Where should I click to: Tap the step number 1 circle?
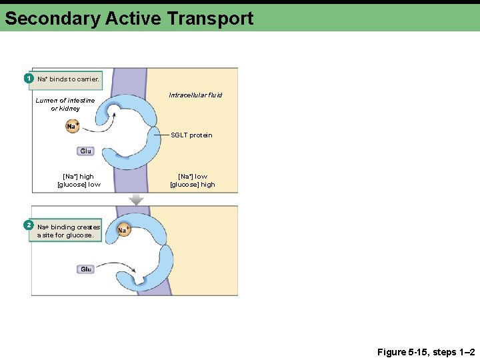point(29,79)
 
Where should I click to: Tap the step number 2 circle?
point(29,225)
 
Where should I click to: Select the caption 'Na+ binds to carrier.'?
point(68,79)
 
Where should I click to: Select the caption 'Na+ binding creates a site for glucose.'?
point(69,231)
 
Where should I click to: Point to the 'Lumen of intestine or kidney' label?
point(65,104)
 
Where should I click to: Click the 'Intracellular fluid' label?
point(195,95)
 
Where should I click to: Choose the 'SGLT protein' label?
point(191,135)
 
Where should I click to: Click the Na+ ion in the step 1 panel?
point(73,126)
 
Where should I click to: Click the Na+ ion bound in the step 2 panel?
point(123,230)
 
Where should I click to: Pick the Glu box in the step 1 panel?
point(86,151)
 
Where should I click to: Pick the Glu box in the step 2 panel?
point(86,269)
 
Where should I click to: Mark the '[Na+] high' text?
point(79,177)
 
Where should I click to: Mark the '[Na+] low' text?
point(193,177)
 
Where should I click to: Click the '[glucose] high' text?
point(193,185)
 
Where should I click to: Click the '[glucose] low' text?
point(79,185)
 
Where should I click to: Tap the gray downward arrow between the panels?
point(136,199)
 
